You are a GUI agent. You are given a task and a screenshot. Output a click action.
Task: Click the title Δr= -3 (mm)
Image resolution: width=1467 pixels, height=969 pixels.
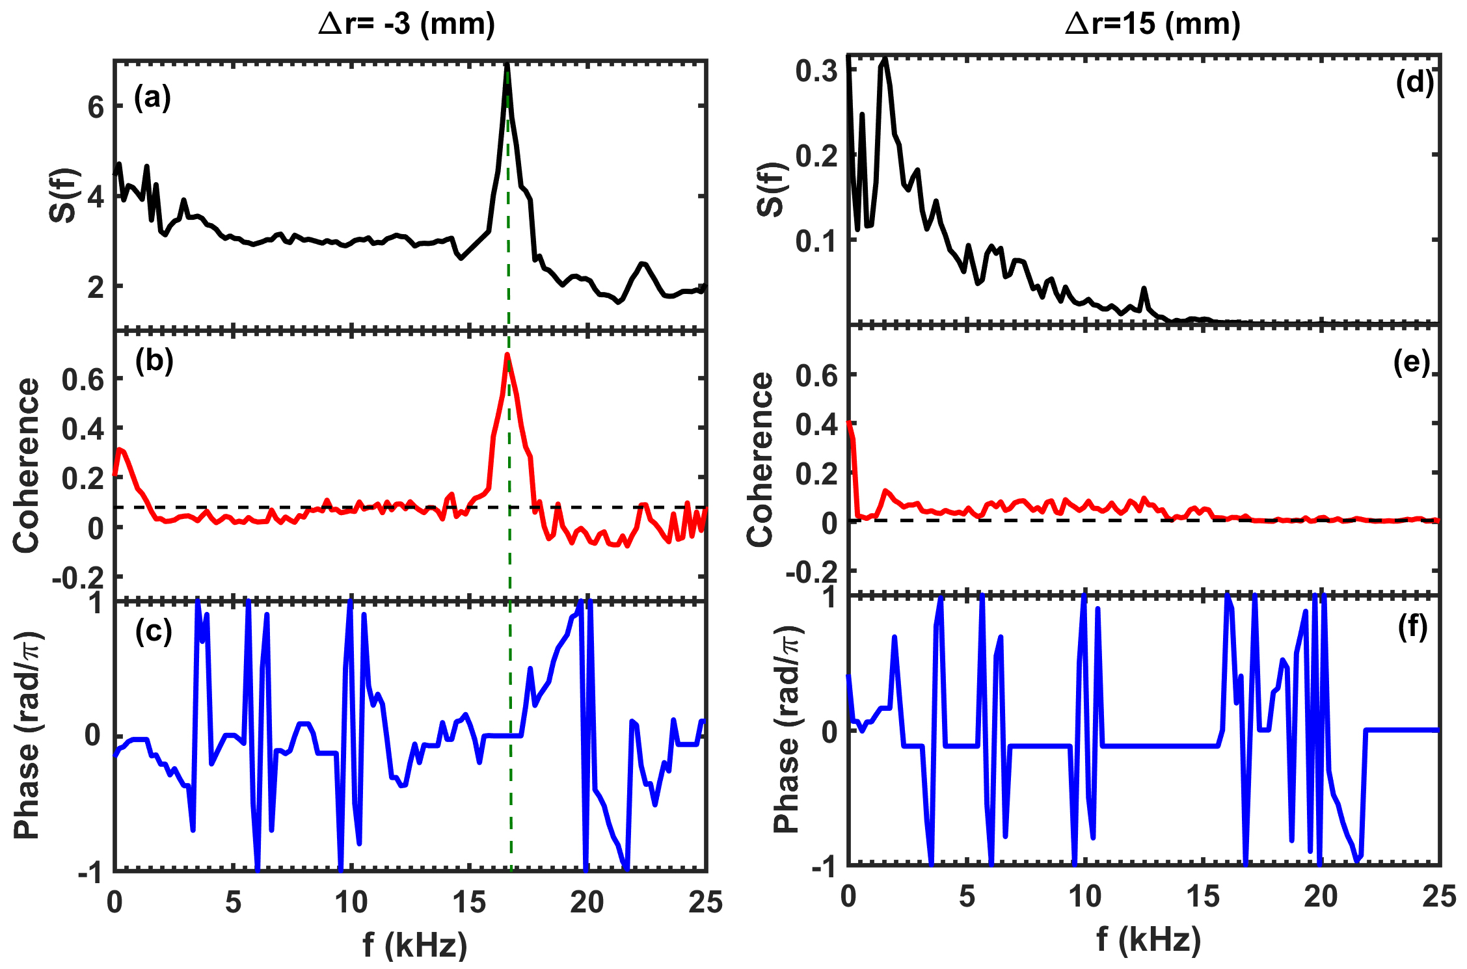pos(407,25)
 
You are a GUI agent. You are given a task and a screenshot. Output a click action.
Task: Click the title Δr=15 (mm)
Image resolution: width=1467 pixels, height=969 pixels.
pos(1152,25)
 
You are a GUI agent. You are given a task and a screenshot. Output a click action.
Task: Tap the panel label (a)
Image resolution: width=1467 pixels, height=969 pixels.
pos(152,98)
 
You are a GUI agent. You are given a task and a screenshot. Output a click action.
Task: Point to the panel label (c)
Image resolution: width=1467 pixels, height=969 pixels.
pos(154,631)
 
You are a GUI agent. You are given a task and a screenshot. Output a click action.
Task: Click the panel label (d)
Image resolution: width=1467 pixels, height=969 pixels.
pos(1414,83)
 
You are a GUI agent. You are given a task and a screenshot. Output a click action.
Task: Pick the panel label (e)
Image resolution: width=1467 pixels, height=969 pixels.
pos(1412,362)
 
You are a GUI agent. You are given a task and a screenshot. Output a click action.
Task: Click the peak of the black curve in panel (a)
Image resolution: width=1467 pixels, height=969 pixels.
pos(507,65)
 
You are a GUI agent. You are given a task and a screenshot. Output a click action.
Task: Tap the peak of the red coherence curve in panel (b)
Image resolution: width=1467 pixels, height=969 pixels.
pos(507,355)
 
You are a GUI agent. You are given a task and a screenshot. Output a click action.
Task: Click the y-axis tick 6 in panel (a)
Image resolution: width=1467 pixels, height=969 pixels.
pos(96,107)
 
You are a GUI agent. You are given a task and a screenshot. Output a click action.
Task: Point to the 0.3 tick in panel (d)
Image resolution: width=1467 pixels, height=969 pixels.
pos(816,70)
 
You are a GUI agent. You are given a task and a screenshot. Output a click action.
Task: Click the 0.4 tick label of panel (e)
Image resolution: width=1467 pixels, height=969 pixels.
pos(816,424)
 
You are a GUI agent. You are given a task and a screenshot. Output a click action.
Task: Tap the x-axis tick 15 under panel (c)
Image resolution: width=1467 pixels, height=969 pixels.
pos(469,903)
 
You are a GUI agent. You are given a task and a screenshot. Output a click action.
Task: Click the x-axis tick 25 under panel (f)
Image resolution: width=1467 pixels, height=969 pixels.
pos(1438,897)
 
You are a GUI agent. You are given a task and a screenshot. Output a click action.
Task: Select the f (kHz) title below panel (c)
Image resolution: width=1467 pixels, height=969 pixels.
pos(415,944)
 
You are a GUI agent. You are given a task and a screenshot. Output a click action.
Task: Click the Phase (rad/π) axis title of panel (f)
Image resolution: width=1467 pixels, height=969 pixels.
pos(787,730)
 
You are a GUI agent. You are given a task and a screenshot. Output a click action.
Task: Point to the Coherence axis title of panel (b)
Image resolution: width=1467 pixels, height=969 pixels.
pos(27,465)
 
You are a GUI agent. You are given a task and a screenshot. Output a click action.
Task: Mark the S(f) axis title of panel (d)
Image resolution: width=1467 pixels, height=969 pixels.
pos(772,189)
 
